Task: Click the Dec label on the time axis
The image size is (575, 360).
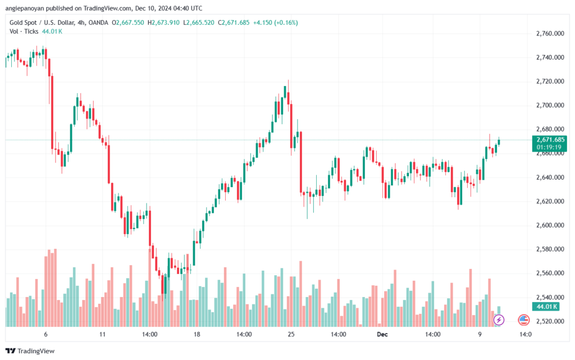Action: pyautogui.click(x=381, y=334)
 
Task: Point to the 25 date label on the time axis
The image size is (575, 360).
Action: pyautogui.click(x=291, y=334)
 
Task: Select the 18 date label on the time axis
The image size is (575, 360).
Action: pyautogui.click(x=197, y=334)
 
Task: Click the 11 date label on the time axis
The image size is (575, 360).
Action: pyautogui.click(x=102, y=334)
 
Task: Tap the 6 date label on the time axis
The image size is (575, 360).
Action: pyautogui.click(x=45, y=334)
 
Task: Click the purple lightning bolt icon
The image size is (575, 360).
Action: pyautogui.click(x=499, y=320)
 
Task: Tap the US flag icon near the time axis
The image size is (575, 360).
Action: pyautogui.click(x=523, y=320)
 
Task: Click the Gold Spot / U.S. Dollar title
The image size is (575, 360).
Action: pyautogui.click(x=47, y=22)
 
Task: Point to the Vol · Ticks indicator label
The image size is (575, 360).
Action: pyautogui.click(x=22, y=31)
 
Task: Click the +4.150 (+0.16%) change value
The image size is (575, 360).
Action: pyautogui.click(x=277, y=22)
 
